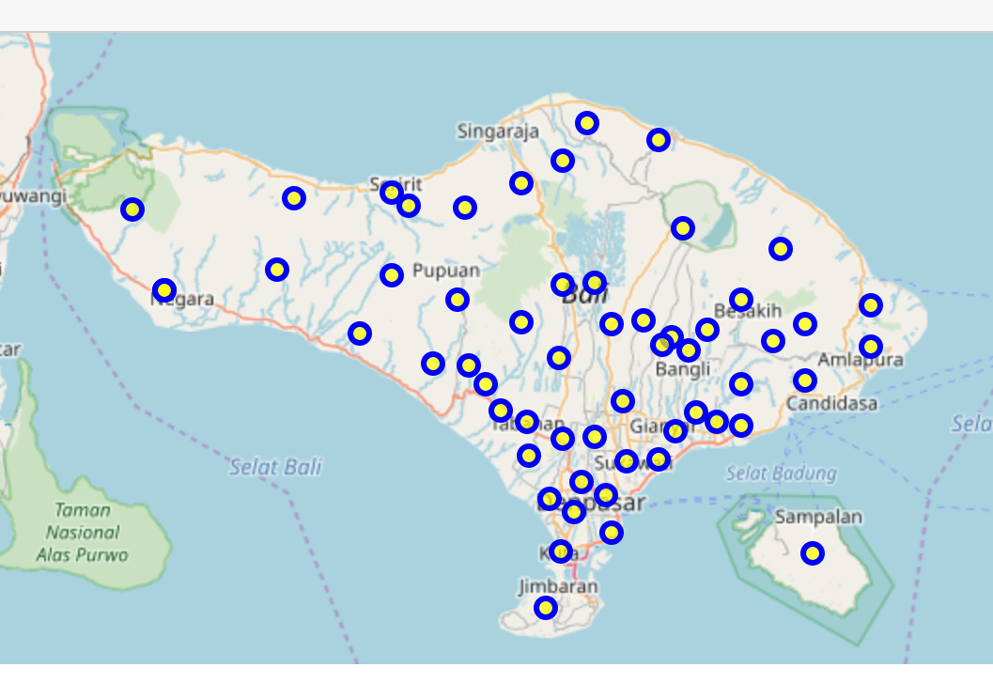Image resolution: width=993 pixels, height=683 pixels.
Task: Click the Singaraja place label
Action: [499, 132]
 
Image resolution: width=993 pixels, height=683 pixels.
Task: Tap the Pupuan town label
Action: [445, 271]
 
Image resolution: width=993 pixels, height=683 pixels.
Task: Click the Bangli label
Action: [683, 369]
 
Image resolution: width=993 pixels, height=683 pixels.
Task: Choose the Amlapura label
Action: [860, 360]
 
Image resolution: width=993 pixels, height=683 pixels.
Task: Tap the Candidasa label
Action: [832, 403]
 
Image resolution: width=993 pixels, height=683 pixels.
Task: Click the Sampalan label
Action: [818, 517]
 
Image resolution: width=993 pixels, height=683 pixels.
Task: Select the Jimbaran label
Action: [558, 586]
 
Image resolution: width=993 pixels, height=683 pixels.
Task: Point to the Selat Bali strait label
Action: [275, 467]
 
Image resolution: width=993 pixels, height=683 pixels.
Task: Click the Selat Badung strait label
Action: [781, 473]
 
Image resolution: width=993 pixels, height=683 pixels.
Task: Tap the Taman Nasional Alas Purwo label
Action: [83, 533]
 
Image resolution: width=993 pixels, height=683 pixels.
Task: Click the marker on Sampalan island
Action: [813, 553]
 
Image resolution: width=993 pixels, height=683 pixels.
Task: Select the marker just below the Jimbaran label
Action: [545, 608]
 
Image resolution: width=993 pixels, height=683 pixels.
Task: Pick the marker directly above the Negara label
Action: [164, 289]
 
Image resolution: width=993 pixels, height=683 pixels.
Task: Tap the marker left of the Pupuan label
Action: [392, 275]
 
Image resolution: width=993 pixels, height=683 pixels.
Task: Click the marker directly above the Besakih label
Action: [741, 300]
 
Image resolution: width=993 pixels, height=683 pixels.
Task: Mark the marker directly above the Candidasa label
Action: [804, 380]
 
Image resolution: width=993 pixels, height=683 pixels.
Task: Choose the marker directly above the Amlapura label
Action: [871, 347]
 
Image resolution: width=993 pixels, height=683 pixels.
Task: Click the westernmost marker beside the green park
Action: [132, 210]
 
